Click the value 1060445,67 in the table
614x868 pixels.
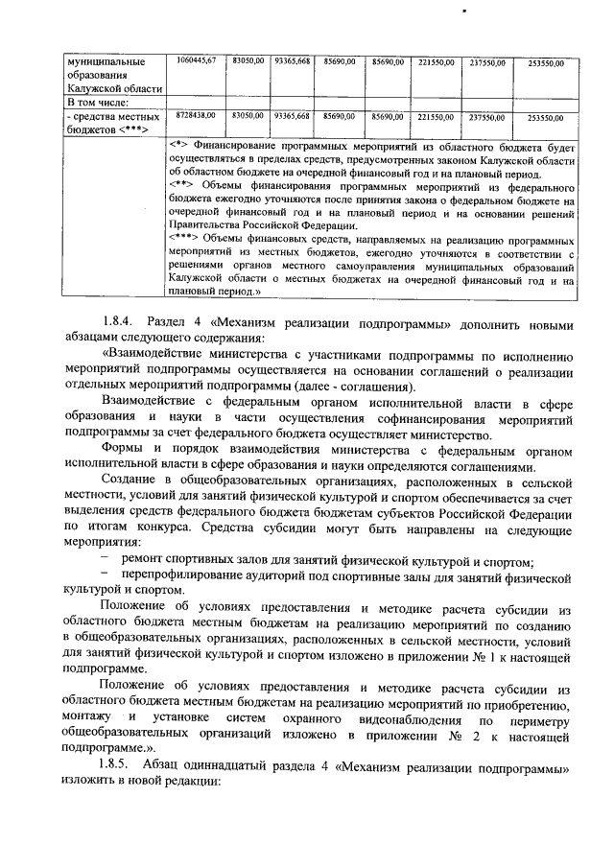pos(197,60)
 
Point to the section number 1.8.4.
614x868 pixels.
pos(120,321)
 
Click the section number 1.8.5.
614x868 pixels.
pos(120,770)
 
